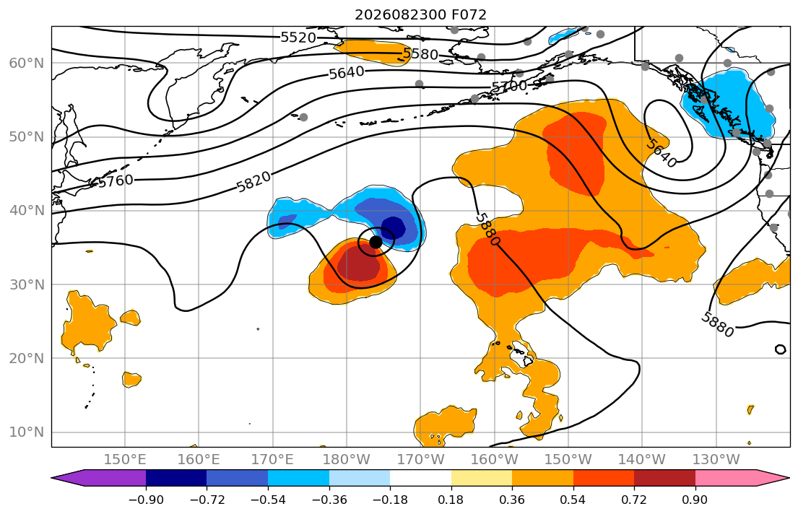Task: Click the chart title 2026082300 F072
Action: pos(420,14)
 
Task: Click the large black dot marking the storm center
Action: pos(376,243)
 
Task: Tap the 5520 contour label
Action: pos(298,37)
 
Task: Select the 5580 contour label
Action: pos(420,53)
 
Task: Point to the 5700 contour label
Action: pos(509,86)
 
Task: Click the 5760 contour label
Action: pos(116,180)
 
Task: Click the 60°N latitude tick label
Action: pos(27,63)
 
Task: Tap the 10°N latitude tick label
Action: pos(27,432)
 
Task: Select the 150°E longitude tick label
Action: pos(125,460)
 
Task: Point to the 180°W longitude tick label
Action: pos(347,460)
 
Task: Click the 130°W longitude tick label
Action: pos(716,460)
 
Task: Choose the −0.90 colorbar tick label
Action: pos(146,500)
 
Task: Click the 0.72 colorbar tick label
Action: pos(634,500)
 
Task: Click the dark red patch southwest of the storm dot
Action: pos(360,263)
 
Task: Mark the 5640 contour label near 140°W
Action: pos(661,152)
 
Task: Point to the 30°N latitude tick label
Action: pos(27,284)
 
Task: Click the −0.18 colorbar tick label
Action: pos(391,500)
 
